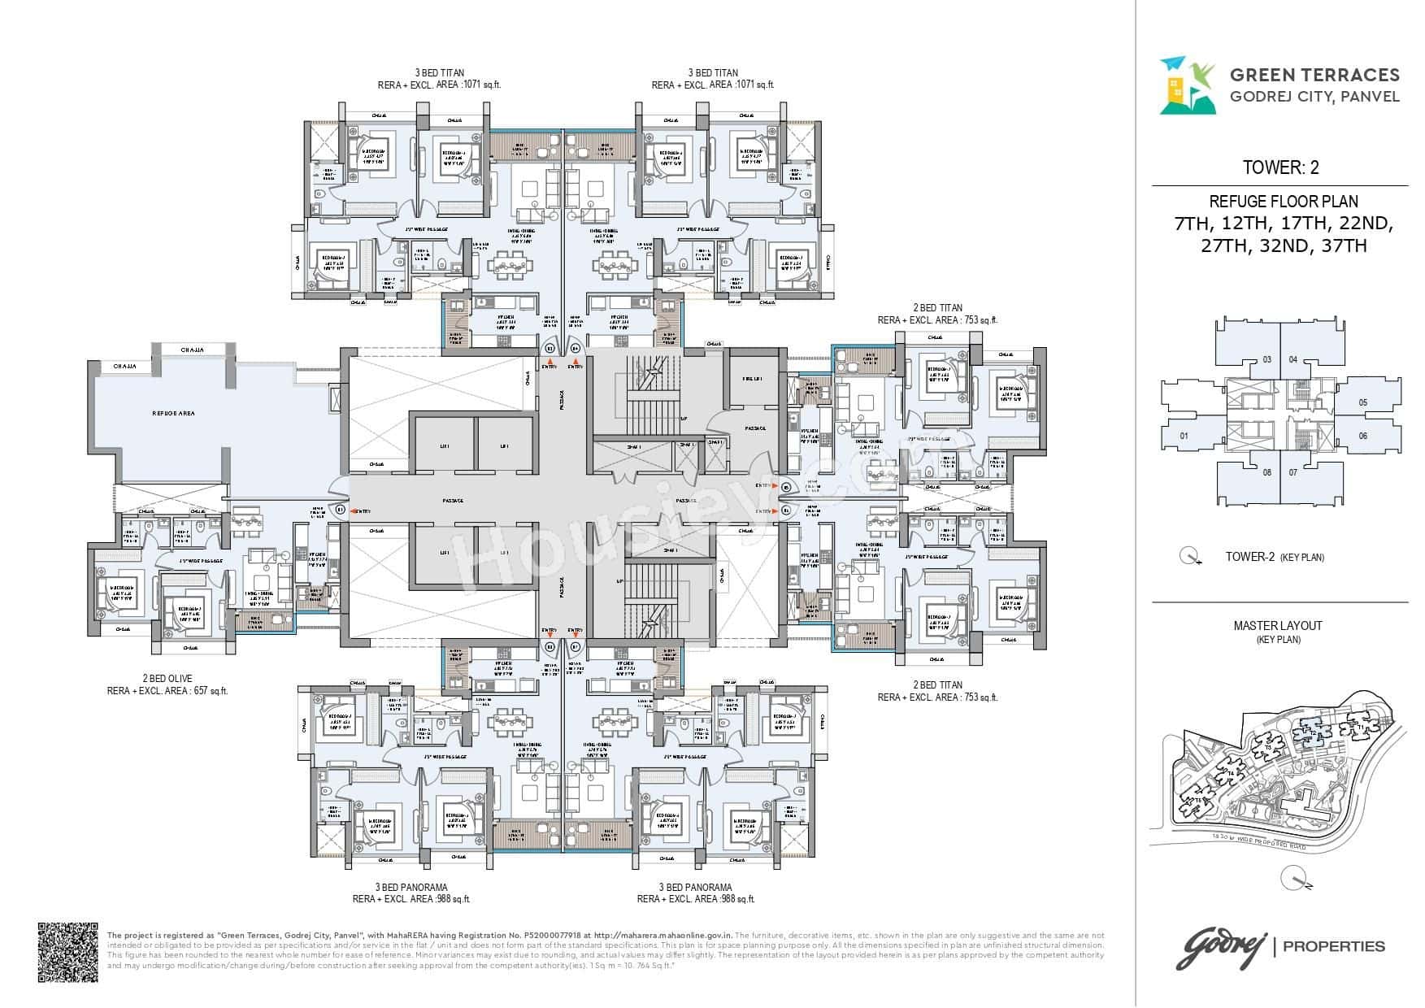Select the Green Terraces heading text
tap(1314, 76)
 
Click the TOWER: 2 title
tap(1280, 167)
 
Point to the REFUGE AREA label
tap(173, 414)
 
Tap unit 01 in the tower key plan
tap(1184, 437)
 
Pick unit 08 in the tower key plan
tap(1266, 472)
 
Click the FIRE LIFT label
tap(751, 378)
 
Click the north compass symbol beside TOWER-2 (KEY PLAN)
tap(1193, 558)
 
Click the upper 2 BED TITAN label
tap(937, 307)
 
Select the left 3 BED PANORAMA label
tap(411, 887)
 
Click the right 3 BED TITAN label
tap(712, 72)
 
